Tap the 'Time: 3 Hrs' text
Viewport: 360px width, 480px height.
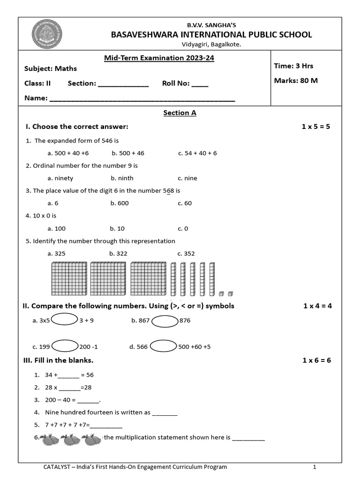pos(293,66)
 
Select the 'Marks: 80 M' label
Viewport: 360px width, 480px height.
pos(296,81)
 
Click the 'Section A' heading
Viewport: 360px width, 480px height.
pos(180,113)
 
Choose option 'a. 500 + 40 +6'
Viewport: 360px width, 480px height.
pos(68,153)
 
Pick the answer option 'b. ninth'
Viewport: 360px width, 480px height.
pos(122,178)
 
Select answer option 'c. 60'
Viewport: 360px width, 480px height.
pos(185,203)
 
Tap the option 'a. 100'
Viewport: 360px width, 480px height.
pos(57,228)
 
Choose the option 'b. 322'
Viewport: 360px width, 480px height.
pos(118,254)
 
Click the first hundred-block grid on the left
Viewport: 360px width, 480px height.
pos(68,279)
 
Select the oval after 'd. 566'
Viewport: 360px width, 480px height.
pos(163,346)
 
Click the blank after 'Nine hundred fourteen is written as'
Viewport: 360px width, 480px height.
pos(165,413)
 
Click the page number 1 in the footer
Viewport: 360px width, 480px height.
pos(315,467)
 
